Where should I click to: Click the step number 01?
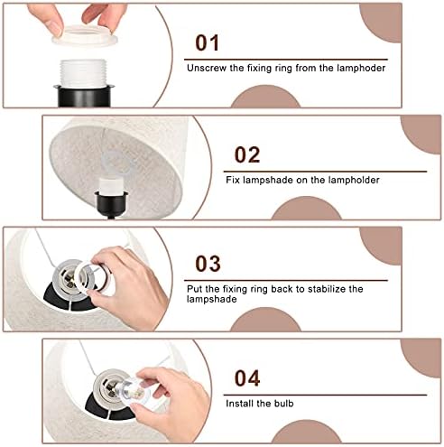[x=207, y=42]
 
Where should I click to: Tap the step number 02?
[x=247, y=154]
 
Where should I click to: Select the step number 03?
[x=208, y=264]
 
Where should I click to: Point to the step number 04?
[x=247, y=378]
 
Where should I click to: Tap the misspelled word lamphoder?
[x=361, y=68]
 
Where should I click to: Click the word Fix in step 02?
[x=233, y=180]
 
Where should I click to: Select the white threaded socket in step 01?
[x=83, y=73]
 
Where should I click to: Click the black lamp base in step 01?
[x=84, y=96]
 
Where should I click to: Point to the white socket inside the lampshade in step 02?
[x=111, y=185]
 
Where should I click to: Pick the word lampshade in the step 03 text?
[x=211, y=300]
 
